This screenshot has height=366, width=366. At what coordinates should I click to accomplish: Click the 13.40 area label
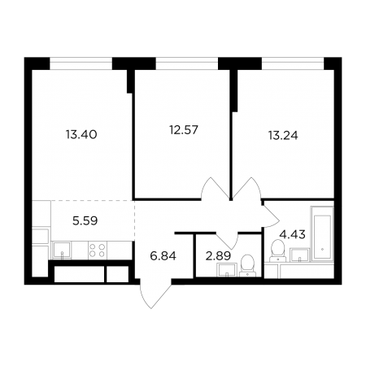[x=81, y=134]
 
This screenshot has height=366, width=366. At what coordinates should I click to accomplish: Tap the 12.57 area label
[x=184, y=130]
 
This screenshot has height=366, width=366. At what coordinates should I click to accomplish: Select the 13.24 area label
[x=283, y=135]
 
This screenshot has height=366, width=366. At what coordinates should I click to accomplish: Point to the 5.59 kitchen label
[x=85, y=220]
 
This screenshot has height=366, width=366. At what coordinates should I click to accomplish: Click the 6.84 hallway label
[x=163, y=255]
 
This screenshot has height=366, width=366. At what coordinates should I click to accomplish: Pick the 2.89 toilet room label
[x=218, y=255]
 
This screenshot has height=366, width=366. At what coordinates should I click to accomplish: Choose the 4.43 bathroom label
[x=293, y=234]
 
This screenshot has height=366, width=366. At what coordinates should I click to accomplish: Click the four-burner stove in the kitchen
[x=98, y=250]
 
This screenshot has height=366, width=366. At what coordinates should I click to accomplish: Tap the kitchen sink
[x=62, y=250]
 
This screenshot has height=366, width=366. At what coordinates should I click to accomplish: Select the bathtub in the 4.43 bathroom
[x=322, y=233]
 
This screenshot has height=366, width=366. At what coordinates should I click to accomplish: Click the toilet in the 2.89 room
[x=247, y=265]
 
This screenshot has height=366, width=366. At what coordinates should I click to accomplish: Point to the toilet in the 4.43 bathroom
[x=278, y=251]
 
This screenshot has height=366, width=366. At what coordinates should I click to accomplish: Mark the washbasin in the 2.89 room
[x=227, y=270]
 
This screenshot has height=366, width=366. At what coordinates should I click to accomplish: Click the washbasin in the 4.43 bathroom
[x=300, y=255]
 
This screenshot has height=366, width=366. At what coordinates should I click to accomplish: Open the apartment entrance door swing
[x=155, y=294]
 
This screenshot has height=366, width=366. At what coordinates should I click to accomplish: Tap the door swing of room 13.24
[x=246, y=189]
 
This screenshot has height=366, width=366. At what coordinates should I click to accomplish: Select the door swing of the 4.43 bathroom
[x=271, y=216]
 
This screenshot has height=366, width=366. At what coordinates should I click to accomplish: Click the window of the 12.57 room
[x=187, y=63]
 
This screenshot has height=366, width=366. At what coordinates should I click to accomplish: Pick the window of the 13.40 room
[x=81, y=63]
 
